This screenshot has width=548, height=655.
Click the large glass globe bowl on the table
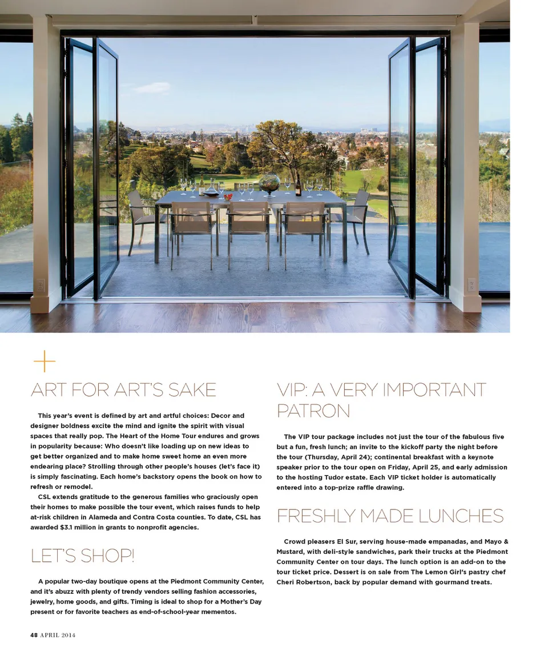coord(269,183)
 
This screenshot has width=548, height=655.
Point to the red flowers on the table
coord(228,197)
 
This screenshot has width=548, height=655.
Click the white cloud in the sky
coord(152,87)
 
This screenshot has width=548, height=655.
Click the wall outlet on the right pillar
coord(472,284)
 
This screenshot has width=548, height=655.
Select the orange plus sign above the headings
coord(44,361)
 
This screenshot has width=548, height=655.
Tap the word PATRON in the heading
coord(313,411)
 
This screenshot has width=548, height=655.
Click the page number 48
coord(34,635)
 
